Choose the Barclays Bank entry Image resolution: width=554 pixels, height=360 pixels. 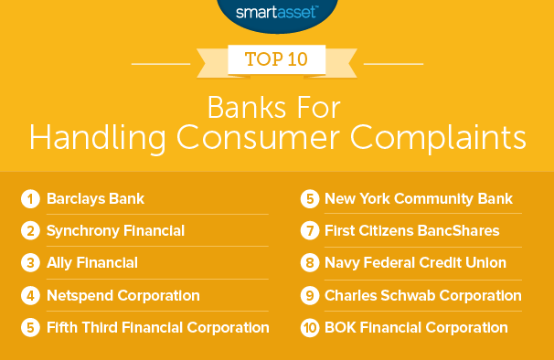(95, 198)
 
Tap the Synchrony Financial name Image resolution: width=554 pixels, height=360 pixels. (116, 230)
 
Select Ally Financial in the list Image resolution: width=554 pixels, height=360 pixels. (93, 262)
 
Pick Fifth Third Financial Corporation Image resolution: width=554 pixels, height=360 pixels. (158, 327)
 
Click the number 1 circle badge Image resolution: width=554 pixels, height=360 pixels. (30, 198)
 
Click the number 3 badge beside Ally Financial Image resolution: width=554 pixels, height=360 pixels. (30, 262)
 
